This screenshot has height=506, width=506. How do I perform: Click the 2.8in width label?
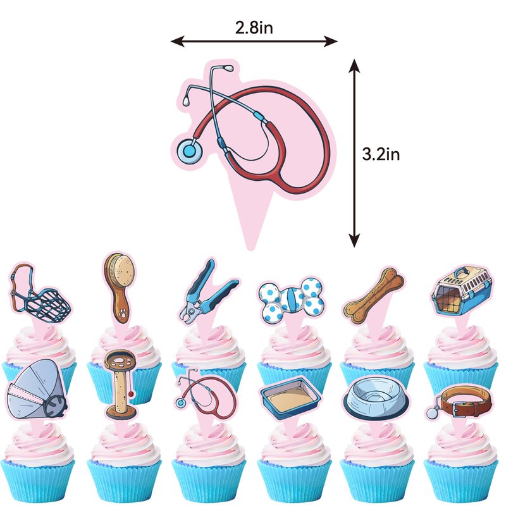click(x=254, y=28)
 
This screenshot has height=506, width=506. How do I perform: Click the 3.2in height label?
click(x=381, y=154)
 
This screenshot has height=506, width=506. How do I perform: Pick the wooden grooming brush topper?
click(x=118, y=288)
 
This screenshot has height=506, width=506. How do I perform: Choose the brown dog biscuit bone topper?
click(x=373, y=295)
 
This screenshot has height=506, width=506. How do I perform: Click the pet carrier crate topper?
click(x=463, y=290)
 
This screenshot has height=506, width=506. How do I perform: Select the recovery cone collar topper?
click(x=35, y=389)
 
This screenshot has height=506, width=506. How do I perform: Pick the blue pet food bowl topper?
click(x=376, y=398)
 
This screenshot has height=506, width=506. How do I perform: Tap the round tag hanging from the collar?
click(x=433, y=413)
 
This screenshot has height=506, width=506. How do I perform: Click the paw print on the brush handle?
click(x=123, y=312)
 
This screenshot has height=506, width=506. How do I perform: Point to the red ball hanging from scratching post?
click(x=130, y=394)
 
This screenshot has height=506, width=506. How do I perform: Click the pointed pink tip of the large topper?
click(x=250, y=248)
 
